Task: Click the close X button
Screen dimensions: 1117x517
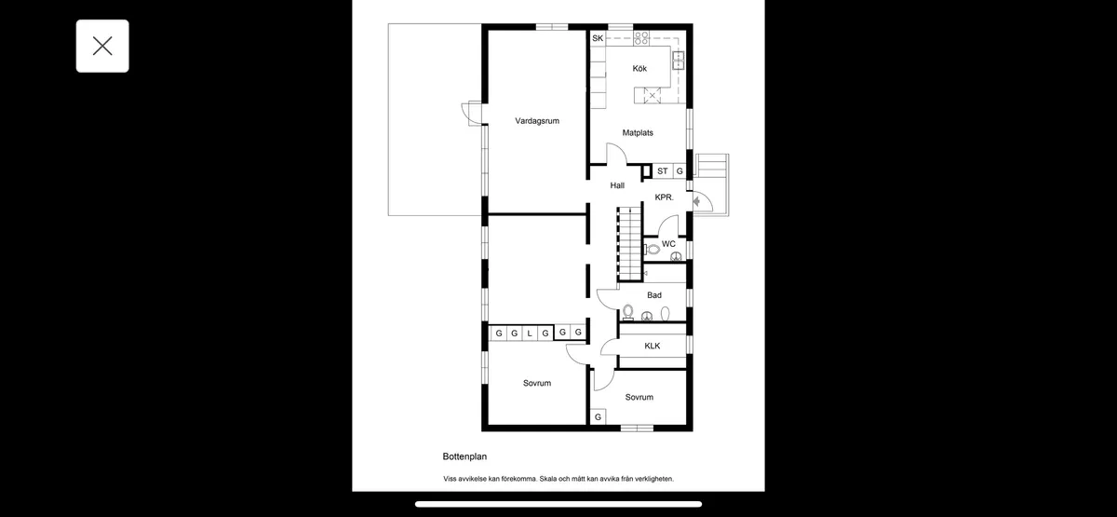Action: coord(102,46)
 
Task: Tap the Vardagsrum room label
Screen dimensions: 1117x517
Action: coord(537,121)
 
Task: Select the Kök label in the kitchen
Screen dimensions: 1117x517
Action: coord(639,68)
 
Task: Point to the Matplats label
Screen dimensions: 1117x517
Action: coord(638,132)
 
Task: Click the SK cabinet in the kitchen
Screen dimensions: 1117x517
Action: coord(598,38)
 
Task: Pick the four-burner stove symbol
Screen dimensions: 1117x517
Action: coord(641,38)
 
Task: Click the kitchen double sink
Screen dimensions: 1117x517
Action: coord(679,60)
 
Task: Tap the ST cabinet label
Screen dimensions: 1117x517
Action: coord(662,171)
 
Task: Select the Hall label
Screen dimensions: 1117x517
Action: coord(617,185)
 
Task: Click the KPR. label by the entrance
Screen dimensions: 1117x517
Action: coord(664,197)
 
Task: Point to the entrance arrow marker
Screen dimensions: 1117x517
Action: coord(696,201)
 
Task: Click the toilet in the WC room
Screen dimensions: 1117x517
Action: coord(652,250)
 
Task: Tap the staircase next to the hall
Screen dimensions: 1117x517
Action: coord(630,243)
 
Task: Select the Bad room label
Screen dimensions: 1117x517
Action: coord(654,295)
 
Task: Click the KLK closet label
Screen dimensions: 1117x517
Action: coord(653,346)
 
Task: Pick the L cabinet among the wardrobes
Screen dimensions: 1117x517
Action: coord(530,333)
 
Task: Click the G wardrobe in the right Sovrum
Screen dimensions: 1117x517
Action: coord(598,416)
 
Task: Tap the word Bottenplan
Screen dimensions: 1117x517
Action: coord(464,456)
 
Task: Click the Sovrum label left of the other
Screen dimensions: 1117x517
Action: coord(537,383)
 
